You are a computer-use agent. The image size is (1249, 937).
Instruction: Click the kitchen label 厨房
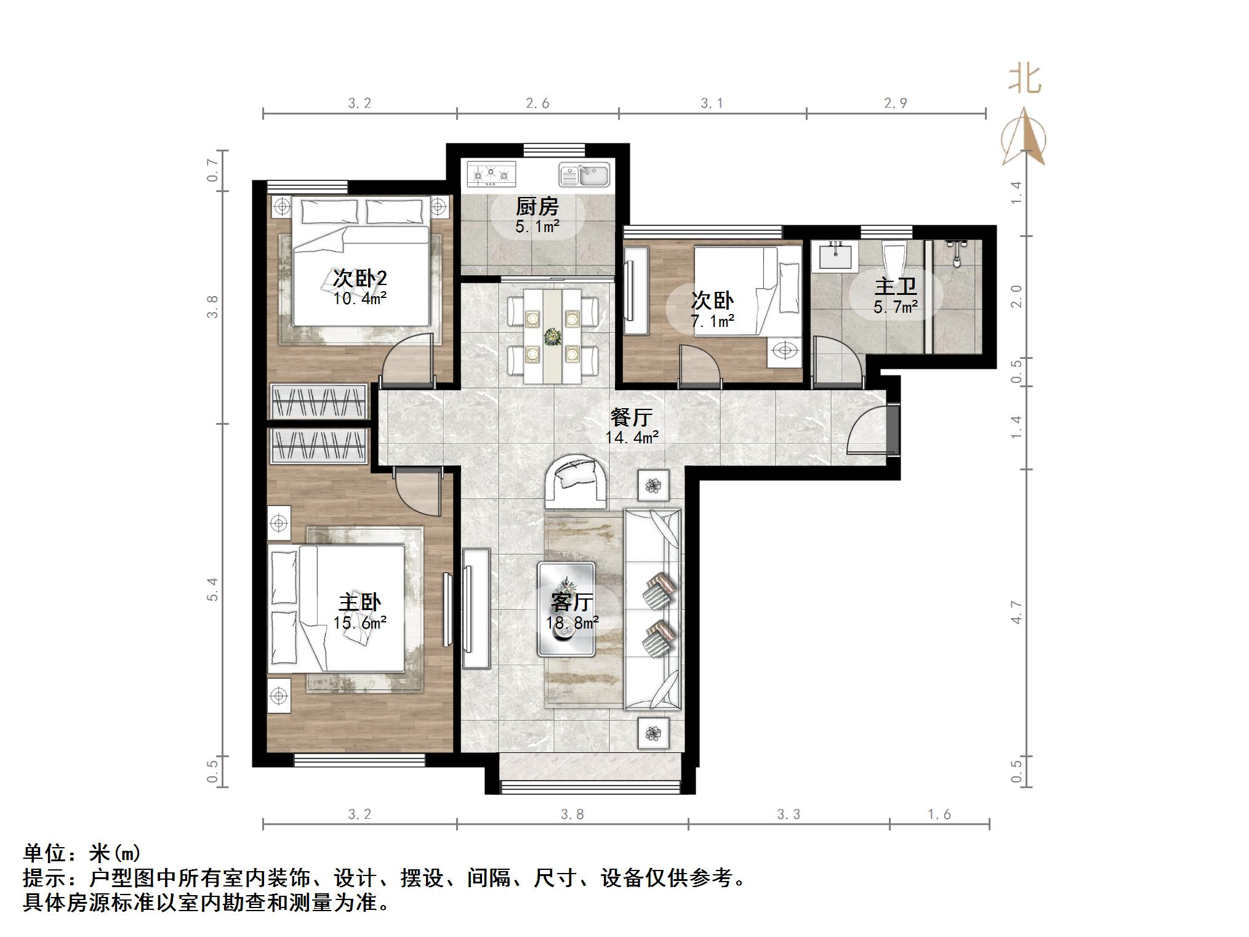537,207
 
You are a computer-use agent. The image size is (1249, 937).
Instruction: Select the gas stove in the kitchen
491,174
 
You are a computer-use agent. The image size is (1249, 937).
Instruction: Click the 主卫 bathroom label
895,286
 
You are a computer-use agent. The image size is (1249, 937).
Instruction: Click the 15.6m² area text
360,623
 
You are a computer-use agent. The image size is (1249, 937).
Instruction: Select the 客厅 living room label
572,601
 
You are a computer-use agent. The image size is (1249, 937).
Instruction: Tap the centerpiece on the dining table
552,337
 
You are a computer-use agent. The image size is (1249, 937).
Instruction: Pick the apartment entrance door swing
868,430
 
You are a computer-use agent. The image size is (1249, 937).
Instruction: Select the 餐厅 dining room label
631,417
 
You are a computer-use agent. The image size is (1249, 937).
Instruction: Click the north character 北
1024,79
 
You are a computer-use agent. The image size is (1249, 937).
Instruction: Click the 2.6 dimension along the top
537,103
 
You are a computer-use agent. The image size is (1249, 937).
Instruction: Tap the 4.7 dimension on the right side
1016,613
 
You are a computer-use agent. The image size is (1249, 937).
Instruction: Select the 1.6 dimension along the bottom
939,814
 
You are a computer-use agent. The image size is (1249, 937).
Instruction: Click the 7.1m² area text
712,321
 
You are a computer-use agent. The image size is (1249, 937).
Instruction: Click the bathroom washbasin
835,256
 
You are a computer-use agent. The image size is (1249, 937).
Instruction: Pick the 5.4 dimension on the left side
213,589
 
